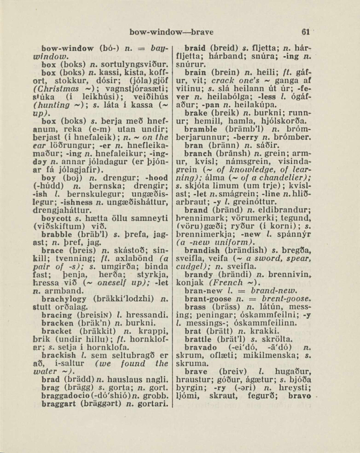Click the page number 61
[305, 32]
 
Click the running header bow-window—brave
[171, 32]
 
